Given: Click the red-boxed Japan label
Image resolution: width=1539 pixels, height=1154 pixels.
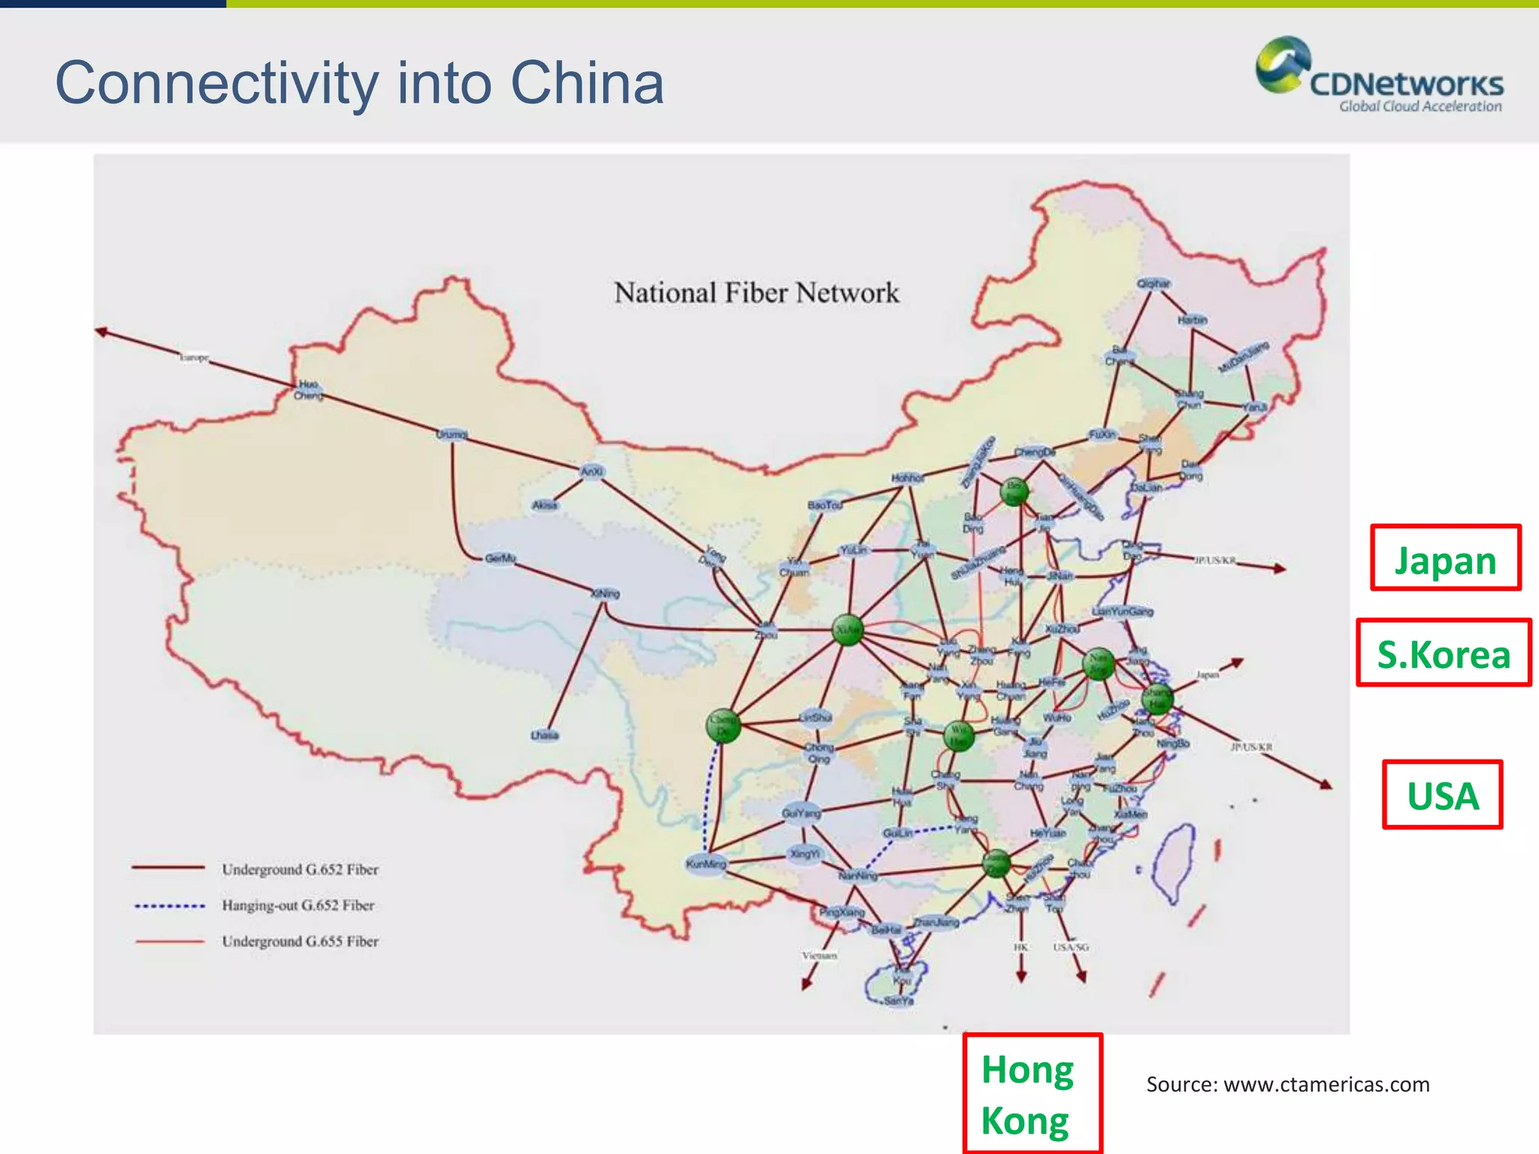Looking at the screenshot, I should [x=1445, y=558].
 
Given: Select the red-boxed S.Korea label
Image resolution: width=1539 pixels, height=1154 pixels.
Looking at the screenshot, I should [x=1443, y=653].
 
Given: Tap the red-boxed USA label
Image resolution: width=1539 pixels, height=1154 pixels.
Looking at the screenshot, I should [x=1442, y=795].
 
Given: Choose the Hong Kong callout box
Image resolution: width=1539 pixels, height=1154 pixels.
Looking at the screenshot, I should [x=1033, y=1094].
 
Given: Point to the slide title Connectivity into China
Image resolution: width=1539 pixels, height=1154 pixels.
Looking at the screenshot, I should [x=359, y=83].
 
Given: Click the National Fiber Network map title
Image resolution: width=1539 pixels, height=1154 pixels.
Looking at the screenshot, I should [x=756, y=293].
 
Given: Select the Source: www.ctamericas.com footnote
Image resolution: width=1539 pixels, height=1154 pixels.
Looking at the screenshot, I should [x=1287, y=1084].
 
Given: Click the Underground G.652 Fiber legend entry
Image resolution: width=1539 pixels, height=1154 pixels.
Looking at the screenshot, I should [x=300, y=869].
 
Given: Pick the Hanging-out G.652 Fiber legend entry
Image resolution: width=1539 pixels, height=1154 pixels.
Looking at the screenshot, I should [x=298, y=905].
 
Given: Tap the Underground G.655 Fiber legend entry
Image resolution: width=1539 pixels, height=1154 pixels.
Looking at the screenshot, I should [x=300, y=941].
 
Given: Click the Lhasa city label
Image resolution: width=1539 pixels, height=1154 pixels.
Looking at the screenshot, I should [x=544, y=735].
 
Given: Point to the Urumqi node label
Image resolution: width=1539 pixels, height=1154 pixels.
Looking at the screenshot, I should [x=452, y=434].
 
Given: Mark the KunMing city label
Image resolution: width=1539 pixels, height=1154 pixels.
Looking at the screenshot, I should [x=706, y=864].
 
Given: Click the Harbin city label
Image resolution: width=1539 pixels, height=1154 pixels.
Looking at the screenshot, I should [x=1192, y=320].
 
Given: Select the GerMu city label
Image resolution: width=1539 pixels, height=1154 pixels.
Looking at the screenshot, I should [x=500, y=558].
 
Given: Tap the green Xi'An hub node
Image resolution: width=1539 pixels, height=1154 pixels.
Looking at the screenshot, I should [x=848, y=630].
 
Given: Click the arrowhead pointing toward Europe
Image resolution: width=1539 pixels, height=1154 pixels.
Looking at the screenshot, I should [x=101, y=331].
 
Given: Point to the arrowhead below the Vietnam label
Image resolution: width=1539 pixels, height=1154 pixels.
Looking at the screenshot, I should [x=807, y=984].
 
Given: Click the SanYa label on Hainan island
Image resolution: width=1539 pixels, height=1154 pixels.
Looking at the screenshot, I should [x=898, y=1001].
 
